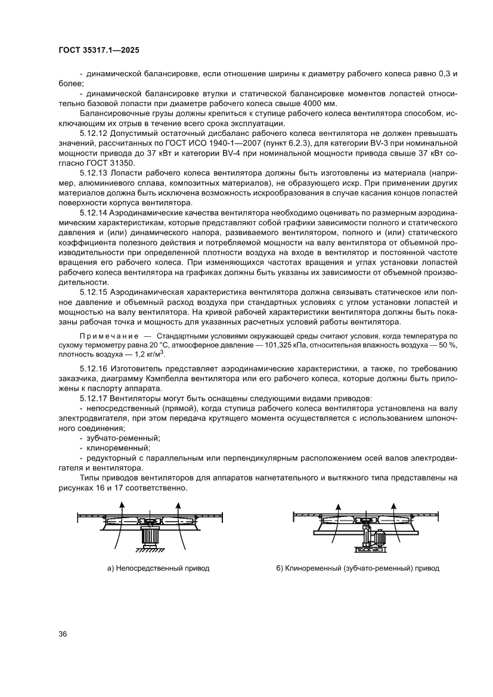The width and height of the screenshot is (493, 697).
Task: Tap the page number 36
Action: [x=62, y=633]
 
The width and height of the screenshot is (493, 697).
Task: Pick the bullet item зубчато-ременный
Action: [x=123, y=438]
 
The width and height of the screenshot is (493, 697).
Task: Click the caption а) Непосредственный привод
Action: [x=158, y=568]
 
